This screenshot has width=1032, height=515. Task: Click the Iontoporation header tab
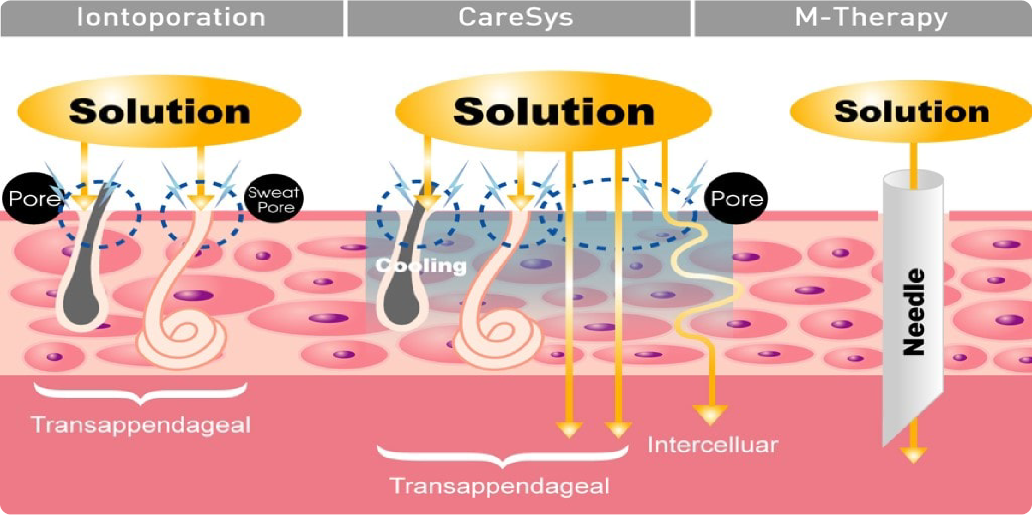(171, 18)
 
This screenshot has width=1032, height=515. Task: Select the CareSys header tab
(516, 18)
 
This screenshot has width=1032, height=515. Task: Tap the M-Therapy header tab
(871, 18)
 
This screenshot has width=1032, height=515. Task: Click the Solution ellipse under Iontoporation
(159, 111)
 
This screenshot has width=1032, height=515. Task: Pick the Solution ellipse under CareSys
(553, 111)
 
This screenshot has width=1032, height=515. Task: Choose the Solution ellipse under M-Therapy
(911, 111)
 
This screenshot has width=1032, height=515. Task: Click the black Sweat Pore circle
(273, 199)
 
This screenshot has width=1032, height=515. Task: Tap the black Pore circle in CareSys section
(736, 198)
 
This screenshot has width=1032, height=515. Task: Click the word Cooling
(421, 266)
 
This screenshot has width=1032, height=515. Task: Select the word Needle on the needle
(913, 312)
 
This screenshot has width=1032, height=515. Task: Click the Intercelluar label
(712, 445)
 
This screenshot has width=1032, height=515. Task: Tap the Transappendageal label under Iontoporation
(141, 425)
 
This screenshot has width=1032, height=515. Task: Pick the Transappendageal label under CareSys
(500, 486)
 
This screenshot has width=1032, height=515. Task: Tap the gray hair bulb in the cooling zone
(401, 307)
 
